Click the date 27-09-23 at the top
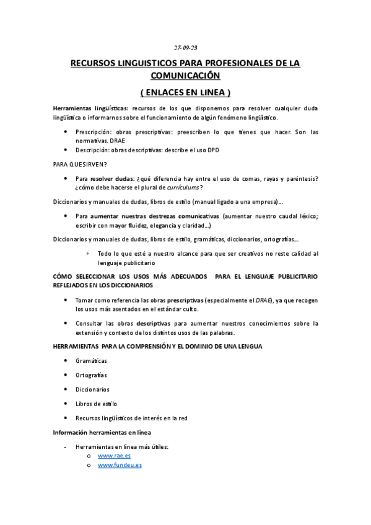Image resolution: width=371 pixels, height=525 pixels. coord(185,48)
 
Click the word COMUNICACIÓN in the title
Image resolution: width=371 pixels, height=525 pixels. coord(185,76)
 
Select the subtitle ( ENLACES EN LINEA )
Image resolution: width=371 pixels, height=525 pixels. coord(185,92)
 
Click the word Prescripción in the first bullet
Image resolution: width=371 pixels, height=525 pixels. coord(94,132)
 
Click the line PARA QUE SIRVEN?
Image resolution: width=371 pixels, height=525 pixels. coord(80,164)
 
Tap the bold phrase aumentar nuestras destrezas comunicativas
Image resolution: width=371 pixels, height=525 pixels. coord(155,216)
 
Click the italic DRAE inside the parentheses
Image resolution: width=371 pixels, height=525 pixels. coord(264,300)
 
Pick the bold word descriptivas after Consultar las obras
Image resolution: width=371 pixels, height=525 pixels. coord(154,323)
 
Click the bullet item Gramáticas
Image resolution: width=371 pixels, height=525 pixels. coord(91,360)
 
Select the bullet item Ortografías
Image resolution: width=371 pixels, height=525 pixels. coord(91,375)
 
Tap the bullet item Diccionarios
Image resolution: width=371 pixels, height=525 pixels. coord(92,389)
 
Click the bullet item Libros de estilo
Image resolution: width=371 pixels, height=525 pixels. coord(96,404)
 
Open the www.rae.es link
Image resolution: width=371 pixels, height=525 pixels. coord(114,456)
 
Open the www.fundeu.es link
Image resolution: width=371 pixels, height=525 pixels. coord(120,465)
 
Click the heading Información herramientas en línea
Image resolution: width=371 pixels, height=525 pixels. coord(102,432)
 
